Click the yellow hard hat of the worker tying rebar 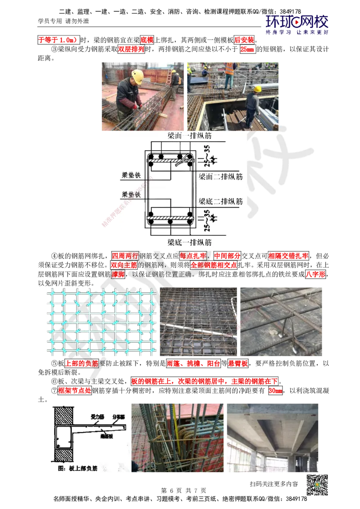coord(137,75)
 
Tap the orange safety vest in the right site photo coord(229,69)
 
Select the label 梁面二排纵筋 coord(220,177)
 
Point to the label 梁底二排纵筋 coord(220,201)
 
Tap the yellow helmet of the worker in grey coord(257,89)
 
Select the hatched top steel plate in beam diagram coord(171,160)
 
